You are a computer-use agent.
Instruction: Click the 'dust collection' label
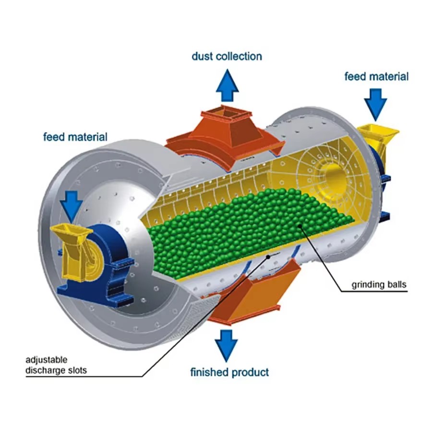(227, 57)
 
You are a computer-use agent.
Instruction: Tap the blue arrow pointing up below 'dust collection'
(228, 85)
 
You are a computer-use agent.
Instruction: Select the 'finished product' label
(229, 372)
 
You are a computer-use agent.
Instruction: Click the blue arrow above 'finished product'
(226, 346)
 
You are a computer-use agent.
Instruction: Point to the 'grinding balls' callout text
(379, 285)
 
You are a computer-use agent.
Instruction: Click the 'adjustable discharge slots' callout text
(56, 365)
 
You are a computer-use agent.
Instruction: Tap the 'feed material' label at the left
(75, 137)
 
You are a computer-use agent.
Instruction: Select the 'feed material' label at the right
(376, 77)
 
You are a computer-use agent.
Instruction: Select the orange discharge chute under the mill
(248, 292)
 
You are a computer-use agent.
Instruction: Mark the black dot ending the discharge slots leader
(268, 256)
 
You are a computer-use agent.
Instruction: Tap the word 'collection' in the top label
(239, 57)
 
